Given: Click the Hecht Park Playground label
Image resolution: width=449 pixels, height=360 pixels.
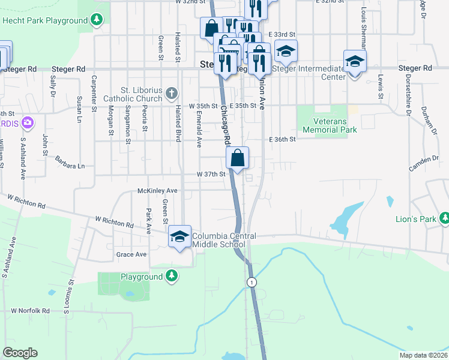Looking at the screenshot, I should click(x=45, y=20).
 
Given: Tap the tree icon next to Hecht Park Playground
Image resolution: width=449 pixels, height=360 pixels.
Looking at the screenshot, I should click(x=96, y=20).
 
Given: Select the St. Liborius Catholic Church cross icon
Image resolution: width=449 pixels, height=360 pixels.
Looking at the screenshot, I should click(x=172, y=93).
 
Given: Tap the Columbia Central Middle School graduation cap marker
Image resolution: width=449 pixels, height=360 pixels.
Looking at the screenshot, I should click(x=179, y=236).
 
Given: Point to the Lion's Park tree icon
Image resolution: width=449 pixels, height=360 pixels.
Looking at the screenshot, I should click(x=445, y=218).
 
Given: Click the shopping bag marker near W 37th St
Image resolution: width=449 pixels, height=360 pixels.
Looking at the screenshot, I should click(x=238, y=158).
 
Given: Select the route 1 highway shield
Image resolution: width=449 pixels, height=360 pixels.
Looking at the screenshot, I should click(x=252, y=282).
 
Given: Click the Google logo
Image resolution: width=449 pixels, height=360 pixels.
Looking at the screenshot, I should click(x=20, y=353).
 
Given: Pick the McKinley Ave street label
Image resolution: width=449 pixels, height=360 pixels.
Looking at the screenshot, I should click(x=158, y=190).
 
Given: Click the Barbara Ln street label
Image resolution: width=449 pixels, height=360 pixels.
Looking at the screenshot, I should click(x=70, y=166).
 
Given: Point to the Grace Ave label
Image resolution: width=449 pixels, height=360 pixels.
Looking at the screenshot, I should click(x=131, y=254).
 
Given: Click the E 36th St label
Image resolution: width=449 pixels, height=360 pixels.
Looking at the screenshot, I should click(x=283, y=139).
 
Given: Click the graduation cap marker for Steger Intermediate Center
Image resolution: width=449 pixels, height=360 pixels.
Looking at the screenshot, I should click(x=355, y=61).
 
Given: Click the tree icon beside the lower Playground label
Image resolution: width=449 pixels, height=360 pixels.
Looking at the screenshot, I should click(x=172, y=276).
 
